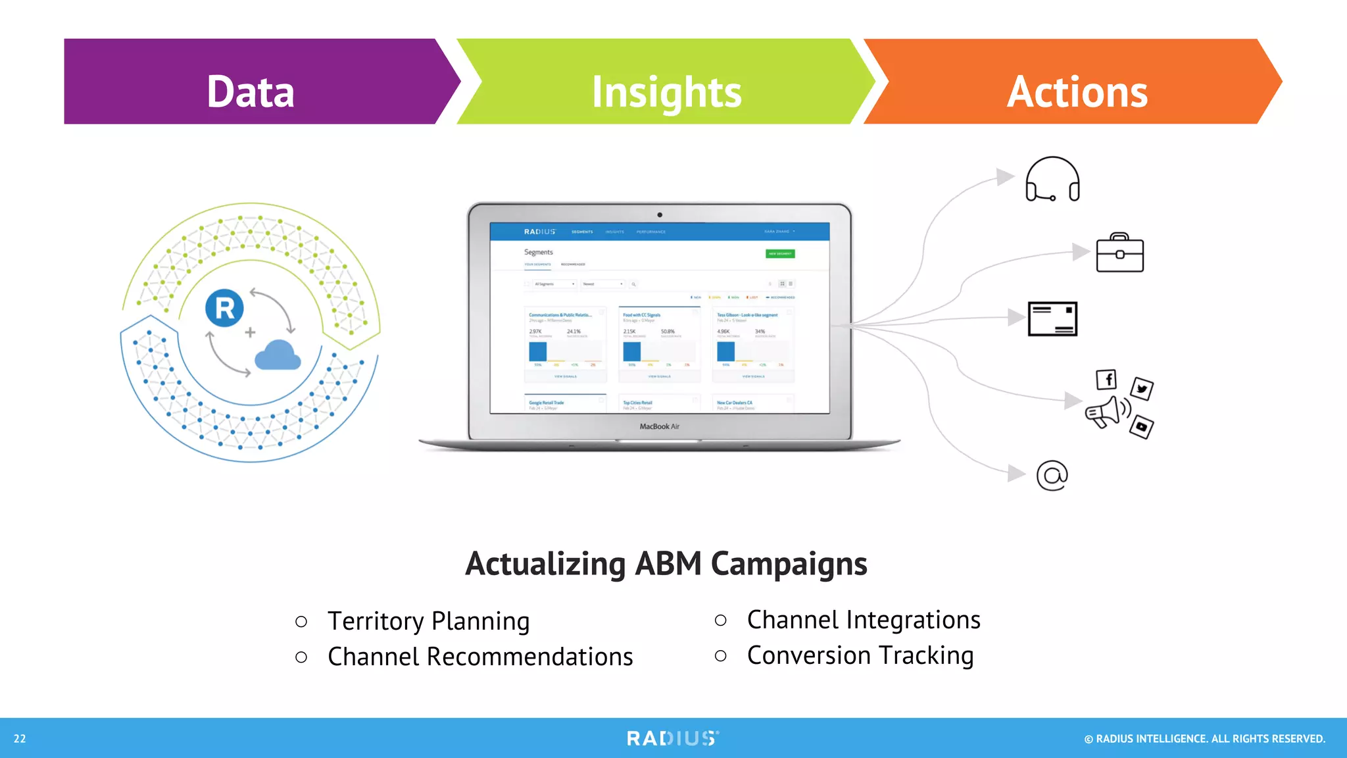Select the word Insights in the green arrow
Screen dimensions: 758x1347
coord(666,92)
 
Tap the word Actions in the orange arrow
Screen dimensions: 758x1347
coord(1077,91)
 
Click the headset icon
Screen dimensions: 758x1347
coord(1052,179)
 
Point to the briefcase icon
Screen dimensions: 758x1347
coord(1119,253)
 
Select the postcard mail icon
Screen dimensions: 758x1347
coord(1052,319)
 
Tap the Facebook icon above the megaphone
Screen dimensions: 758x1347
coord(1107,380)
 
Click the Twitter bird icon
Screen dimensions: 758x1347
coord(1142,388)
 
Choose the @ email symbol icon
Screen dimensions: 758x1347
coord(1052,475)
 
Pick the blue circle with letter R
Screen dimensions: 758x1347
coord(224,308)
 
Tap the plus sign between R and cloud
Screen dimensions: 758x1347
coord(250,332)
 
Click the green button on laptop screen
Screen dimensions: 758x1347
coord(780,253)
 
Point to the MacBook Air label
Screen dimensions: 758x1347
coord(659,426)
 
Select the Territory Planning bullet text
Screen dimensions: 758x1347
coord(428,621)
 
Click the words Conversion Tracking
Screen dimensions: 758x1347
coord(860,655)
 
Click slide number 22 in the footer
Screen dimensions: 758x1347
coord(20,738)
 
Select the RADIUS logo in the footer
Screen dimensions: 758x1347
coord(672,738)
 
